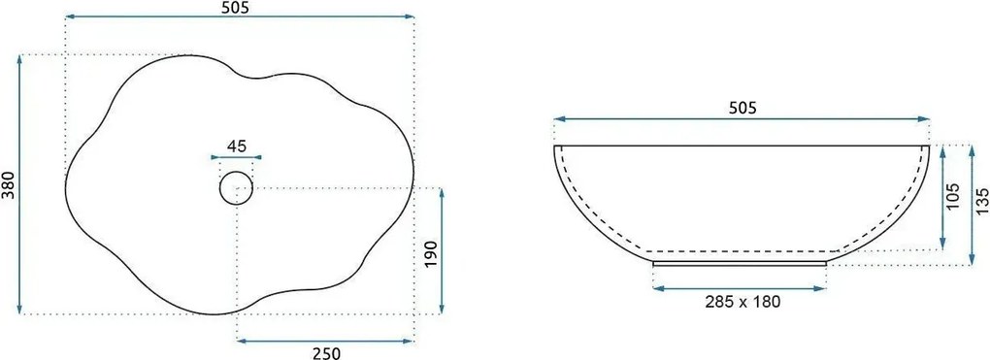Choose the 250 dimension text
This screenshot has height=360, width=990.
tap(326, 354)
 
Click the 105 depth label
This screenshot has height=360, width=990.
tap(954, 197)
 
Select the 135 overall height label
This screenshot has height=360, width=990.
tap(982, 201)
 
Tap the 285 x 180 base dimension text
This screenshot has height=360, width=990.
tap(742, 301)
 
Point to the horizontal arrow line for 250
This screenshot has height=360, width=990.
tap(326, 341)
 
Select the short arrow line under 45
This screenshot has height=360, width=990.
tap(237, 156)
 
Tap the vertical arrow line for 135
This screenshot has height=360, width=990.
tap(971, 203)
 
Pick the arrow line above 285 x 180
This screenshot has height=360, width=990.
tap(742, 288)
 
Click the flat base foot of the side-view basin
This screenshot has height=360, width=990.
tap(742, 261)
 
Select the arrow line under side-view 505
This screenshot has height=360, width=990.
tap(742, 119)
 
